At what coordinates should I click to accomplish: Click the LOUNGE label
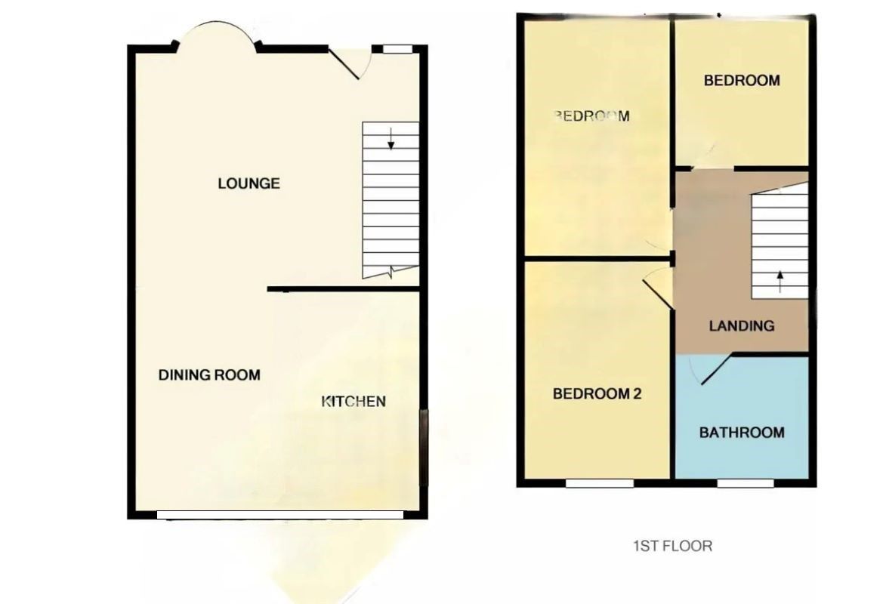click(x=249, y=183)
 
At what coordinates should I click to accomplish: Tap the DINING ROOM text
click(x=209, y=374)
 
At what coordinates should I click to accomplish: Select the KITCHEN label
click(x=354, y=401)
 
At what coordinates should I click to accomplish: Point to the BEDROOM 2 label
click(x=597, y=393)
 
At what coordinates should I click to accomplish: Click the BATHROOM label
click(x=741, y=433)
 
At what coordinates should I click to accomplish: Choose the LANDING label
click(x=741, y=325)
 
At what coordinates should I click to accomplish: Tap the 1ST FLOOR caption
click(x=672, y=545)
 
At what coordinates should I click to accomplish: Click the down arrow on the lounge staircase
click(x=391, y=139)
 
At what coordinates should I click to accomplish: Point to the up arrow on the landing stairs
click(x=780, y=282)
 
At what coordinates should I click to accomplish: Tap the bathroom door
click(x=715, y=368)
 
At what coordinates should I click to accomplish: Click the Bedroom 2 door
click(x=657, y=293)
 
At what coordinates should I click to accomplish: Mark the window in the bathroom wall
click(x=745, y=482)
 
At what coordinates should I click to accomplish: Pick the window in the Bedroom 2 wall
click(x=600, y=482)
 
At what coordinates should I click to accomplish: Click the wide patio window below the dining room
click(x=279, y=515)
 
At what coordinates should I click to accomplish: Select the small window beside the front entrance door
click(x=397, y=49)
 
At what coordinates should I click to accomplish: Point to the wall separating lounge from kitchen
click(x=344, y=288)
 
